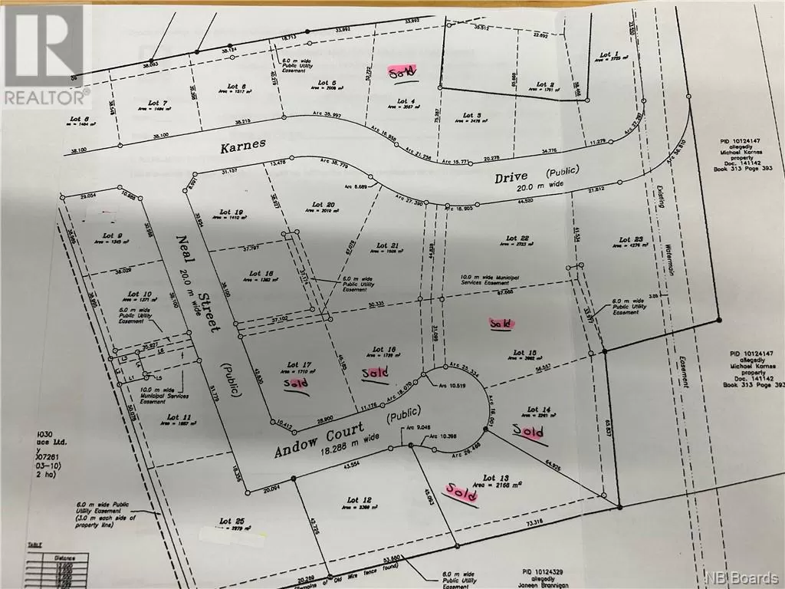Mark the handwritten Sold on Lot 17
coord(297,383)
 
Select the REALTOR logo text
coord(46,97)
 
